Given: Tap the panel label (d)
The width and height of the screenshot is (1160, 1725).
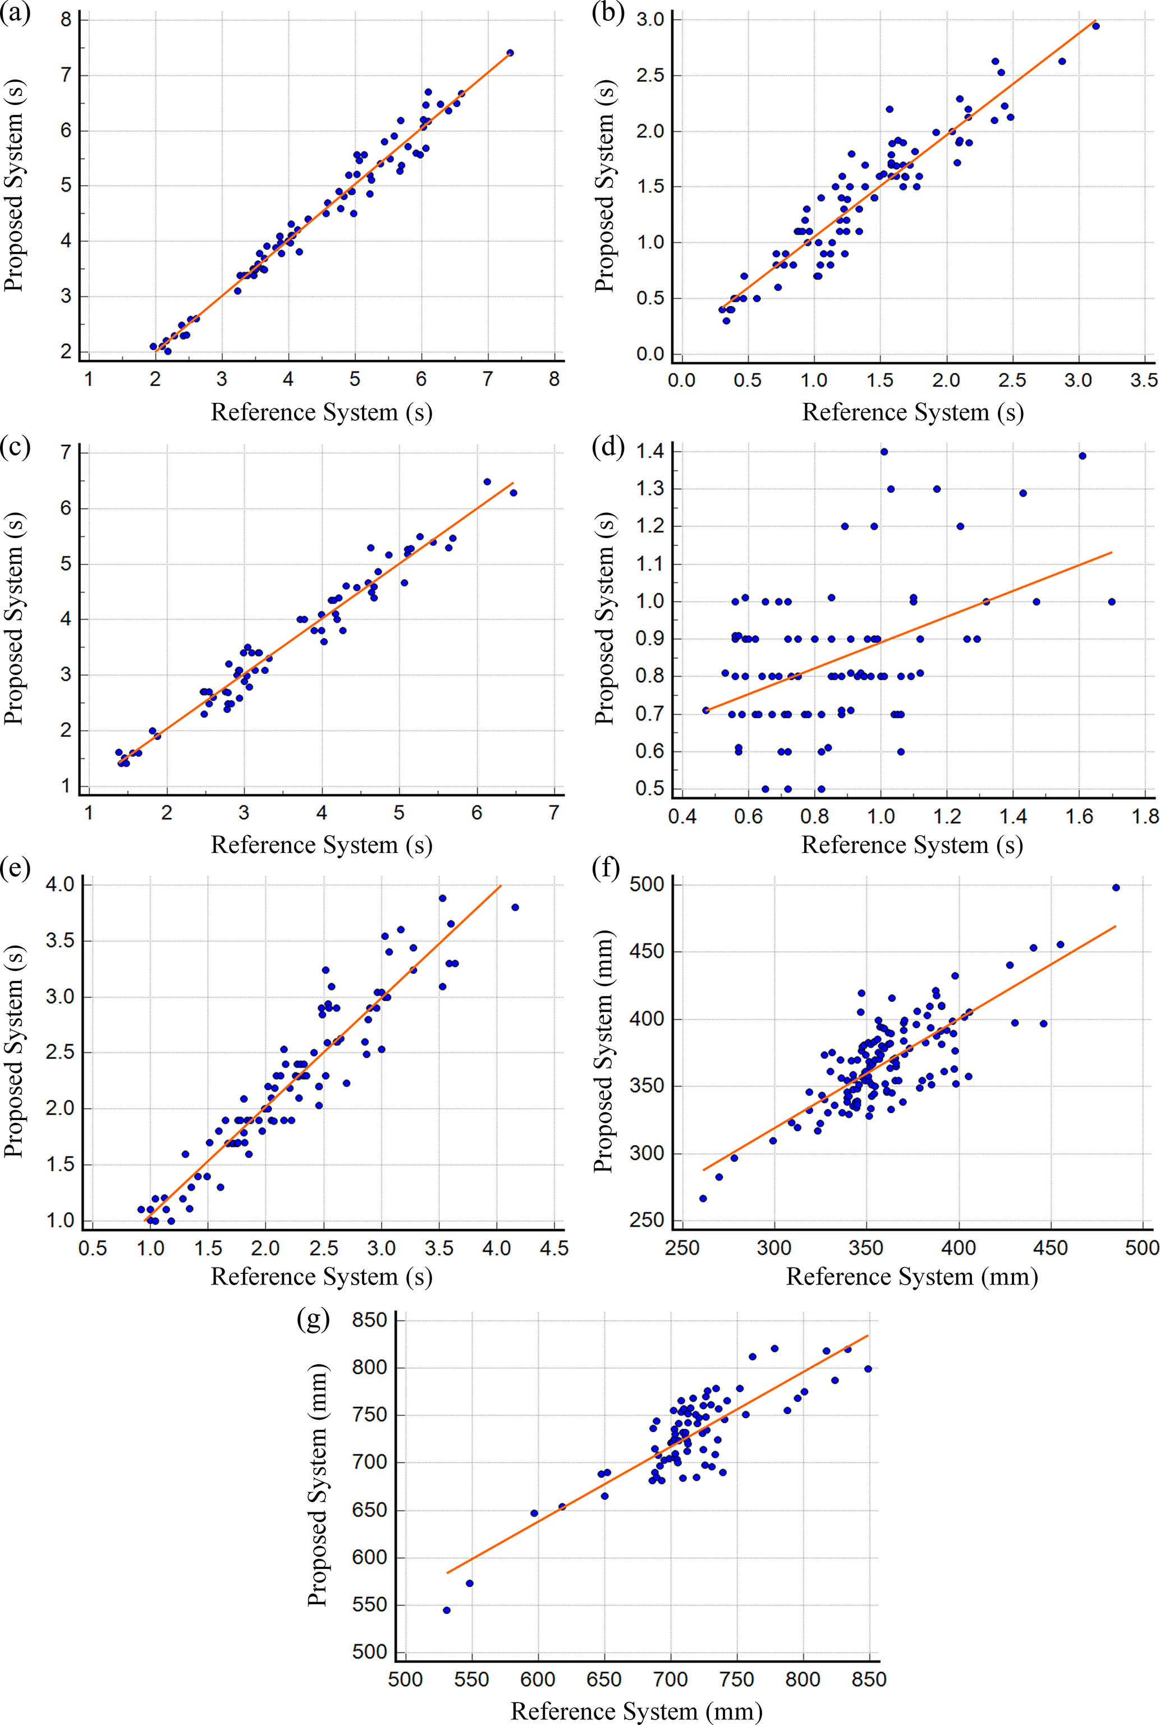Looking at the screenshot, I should pyautogui.click(x=608, y=447).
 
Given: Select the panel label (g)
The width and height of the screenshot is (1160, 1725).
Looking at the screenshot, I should pyautogui.click(x=313, y=1320).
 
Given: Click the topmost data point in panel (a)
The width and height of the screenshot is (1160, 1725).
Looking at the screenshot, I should pyautogui.click(x=510, y=53).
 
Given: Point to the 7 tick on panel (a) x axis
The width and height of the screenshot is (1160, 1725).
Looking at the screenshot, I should pyautogui.click(x=488, y=379).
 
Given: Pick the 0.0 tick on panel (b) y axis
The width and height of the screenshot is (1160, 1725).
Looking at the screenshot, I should pyautogui.click(x=650, y=354).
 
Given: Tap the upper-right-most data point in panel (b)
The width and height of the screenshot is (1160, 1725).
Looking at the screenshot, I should pyautogui.click(x=1095, y=26).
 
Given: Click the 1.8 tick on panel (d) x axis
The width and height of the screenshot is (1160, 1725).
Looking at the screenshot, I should pyautogui.click(x=1145, y=816).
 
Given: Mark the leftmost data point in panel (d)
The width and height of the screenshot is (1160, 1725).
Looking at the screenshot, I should pyautogui.click(x=706, y=710).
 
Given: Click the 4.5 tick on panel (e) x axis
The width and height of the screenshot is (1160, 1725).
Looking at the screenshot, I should pyautogui.click(x=554, y=1249).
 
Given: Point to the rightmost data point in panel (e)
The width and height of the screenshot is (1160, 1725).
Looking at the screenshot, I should pyautogui.click(x=515, y=907).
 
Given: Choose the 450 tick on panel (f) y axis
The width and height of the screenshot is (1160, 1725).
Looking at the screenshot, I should pyautogui.click(x=647, y=952).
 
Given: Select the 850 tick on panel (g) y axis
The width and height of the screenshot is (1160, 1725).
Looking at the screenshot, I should pyautogui.click(x=370, y=1320).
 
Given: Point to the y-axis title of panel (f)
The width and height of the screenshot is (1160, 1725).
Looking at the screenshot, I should pyautogui.click(x=604, y=1051).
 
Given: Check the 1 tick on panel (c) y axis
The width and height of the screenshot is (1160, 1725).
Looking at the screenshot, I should pyautogui.click(x=67, y=786).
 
